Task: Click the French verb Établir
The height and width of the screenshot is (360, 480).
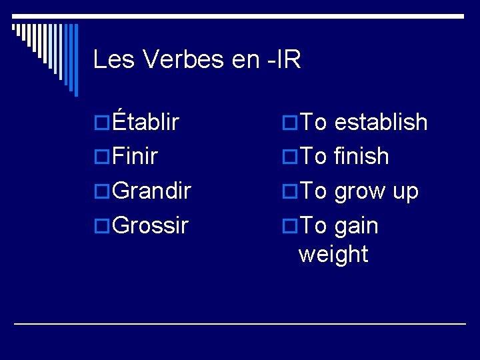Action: pos(146,122)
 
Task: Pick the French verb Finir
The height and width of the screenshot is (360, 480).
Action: pos(135,157)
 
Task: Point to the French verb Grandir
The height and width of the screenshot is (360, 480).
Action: pos(152,191)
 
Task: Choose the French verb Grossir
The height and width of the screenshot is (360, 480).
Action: pos(151,226)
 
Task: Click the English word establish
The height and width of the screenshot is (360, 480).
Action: pos(381,122)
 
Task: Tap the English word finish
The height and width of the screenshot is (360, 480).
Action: pos(361,157)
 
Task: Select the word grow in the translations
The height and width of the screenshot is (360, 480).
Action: pos(359,191)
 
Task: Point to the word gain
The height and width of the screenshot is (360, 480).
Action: pos(356,227)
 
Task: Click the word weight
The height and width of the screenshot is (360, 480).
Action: pos(333,254)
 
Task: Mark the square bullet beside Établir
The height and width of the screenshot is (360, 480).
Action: pos(103,123)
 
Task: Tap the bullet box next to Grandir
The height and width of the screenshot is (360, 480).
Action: pos(103,192)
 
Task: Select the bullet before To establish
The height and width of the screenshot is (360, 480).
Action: pos(289,123)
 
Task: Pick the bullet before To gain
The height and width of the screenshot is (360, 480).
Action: pos(289,227)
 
